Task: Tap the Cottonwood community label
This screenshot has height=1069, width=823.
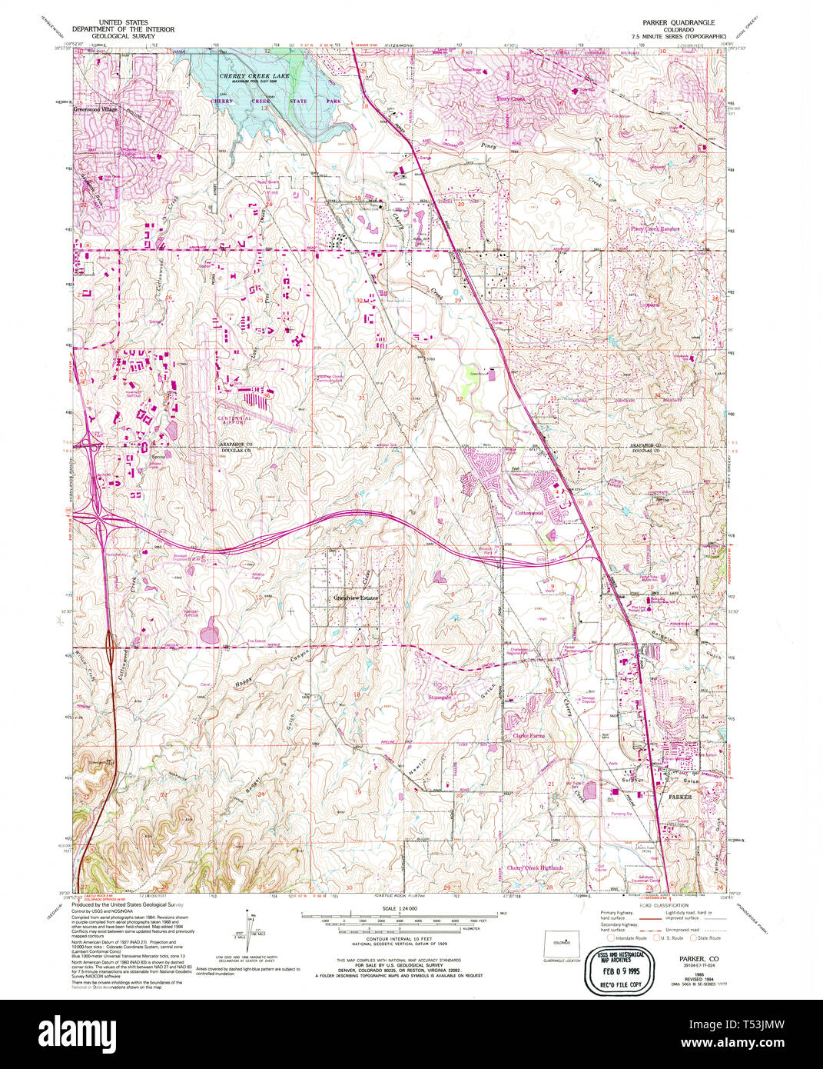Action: (529, 513)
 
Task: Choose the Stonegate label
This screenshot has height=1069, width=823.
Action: (440, 697)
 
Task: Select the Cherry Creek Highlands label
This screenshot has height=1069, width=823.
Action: (534, 868)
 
